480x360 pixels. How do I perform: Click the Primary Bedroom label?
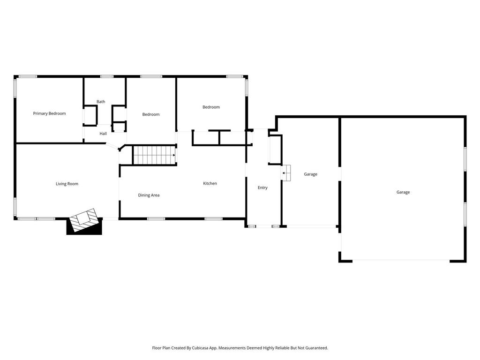49,113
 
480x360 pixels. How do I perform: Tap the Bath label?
101,102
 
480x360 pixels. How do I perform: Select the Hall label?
103,134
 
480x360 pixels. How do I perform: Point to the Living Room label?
67,184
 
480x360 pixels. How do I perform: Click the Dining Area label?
149,195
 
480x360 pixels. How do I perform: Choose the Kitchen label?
210,183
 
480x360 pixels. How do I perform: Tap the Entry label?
262,188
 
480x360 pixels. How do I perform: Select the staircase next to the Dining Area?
153,155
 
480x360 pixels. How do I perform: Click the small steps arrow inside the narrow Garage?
286,173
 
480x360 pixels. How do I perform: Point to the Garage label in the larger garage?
403,192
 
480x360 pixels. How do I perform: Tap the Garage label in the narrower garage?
310,174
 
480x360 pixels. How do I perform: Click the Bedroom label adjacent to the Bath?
151,114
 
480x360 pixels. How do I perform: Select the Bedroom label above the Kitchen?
211,107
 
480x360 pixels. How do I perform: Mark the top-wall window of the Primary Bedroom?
28,76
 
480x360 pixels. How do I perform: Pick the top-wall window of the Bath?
107,76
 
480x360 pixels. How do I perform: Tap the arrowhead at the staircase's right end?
174,155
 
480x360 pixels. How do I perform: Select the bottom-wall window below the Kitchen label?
213,218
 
